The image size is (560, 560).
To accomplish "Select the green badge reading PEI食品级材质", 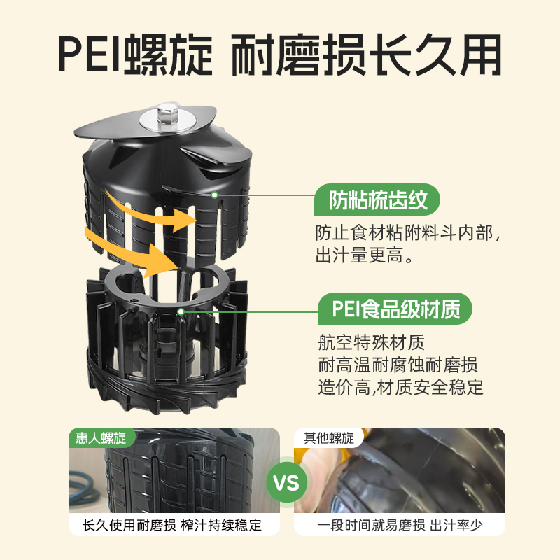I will (x=395, y=308).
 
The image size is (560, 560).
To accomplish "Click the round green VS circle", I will (x=286, y=482).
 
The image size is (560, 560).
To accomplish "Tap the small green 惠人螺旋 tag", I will (x=101, y=438).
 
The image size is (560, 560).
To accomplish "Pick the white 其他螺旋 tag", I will (x=328, y=438).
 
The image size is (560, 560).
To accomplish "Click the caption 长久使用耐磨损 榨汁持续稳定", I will (x=172, y=525).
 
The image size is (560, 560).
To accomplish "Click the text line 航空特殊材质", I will (x=371, y=343).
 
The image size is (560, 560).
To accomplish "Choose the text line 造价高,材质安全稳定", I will (x=400, y=386).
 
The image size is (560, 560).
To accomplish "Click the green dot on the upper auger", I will (x=215, y=195).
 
